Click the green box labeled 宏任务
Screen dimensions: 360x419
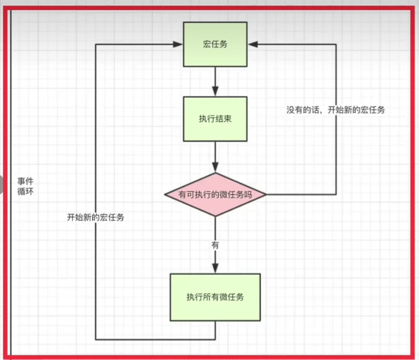pos(215,44)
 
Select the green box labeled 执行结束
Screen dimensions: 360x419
pos(215,119)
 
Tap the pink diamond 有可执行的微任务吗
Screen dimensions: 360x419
pos(215,194)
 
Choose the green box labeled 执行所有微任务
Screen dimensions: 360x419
pos(215,297)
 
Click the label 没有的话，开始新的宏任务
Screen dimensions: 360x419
pos(336,110)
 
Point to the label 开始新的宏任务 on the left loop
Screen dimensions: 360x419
pos(96,218)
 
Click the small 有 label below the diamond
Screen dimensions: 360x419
pos(215,244)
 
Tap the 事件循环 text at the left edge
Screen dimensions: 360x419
pos(25,187)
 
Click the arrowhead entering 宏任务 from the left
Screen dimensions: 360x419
pos(179,45)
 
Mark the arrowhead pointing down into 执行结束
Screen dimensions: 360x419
pos(215,92)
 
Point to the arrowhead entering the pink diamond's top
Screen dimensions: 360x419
pos(215,168)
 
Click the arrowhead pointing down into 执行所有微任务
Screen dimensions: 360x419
pos(215,269)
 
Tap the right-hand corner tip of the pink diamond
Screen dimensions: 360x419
pos(266,194)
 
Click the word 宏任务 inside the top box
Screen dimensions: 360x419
pos(215,44)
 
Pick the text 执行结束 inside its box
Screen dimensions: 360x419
pos(215,119)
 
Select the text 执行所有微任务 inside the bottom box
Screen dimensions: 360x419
pos(215,297)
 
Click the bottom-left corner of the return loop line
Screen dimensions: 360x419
pos(96,339)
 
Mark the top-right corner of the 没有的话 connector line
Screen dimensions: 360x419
pos(336,45)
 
